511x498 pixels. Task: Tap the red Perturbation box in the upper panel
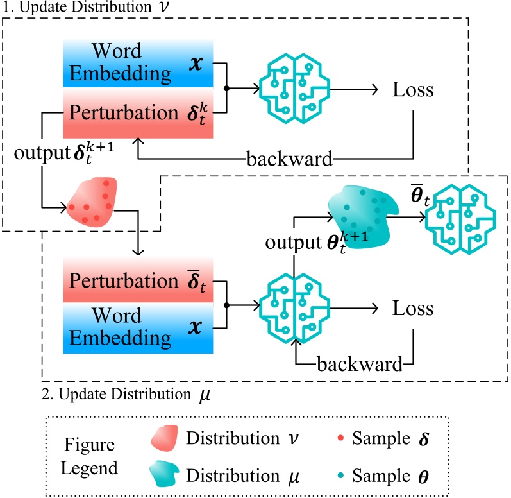137,112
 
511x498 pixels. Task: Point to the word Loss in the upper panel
412,90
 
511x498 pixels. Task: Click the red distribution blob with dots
94,200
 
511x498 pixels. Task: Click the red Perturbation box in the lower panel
137,282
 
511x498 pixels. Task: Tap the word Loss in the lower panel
412,309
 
